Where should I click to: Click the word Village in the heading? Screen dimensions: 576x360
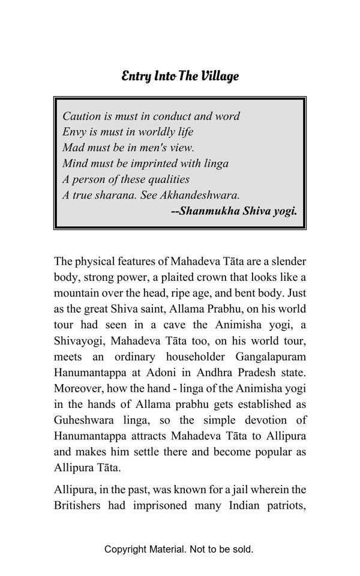[x=220, y=76]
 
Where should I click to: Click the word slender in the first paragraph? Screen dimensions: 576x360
[x=286, y=262]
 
